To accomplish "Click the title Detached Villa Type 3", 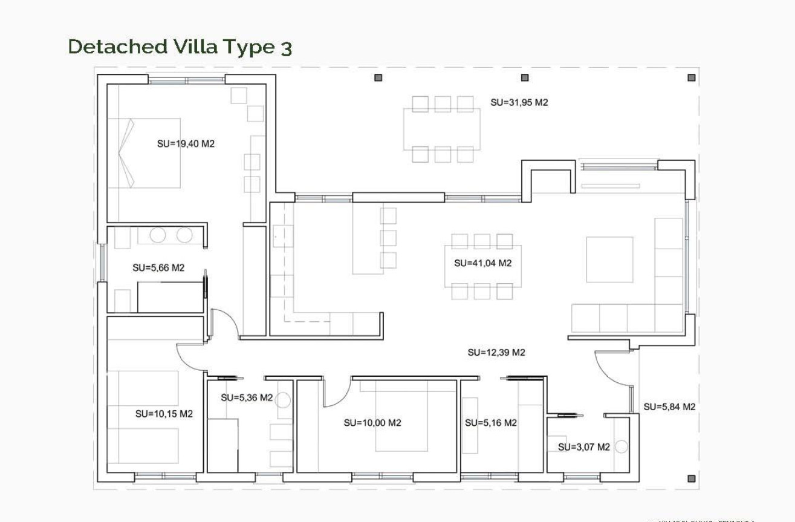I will click(x=180, y=47).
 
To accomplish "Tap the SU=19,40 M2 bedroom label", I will click(x=186, y=144).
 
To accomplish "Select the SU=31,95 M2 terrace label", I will click(x=519, y=102).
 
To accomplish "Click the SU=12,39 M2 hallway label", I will click(x=496, y=353).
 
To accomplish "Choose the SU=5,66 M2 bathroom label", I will click(x=158, y=267).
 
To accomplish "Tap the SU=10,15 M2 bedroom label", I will click(x=164, y=414).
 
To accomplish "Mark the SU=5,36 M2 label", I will click(x=247, y=397).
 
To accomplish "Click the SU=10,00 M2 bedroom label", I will click(x=372, y=423).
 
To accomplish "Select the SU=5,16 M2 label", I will click(x=490, y=423).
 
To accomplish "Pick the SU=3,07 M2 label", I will click(x=583, y=447).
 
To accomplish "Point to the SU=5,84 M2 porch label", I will click(x=669, y=407).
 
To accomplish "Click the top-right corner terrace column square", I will click(x=692, y=77).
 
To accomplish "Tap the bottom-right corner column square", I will click(x=692, y=478).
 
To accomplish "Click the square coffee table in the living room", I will click(x=609, y=259).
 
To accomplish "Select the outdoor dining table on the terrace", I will click(x=442, y=129).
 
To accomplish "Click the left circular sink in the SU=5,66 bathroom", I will click(x=158, y=235).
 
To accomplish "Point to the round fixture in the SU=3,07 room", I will click(x=621, y=447).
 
